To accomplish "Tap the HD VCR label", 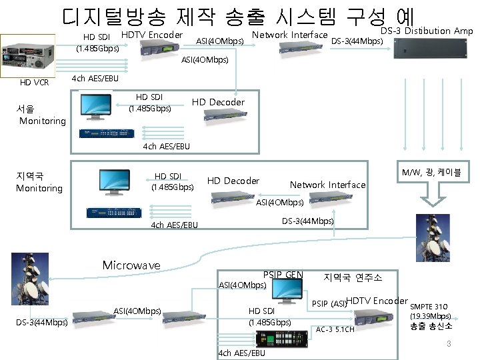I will click(x=34, y=83).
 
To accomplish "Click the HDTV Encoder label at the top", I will click(x=152, y=35).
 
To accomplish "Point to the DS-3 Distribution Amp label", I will click(x=426, y=31).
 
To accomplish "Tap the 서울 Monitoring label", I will click(x=42, y=115).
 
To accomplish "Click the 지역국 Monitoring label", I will click(x=39, y=182).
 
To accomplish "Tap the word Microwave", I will click(x=131, y=265).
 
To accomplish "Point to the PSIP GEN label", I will click(x=283, y=275).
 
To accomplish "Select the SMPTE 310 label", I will click(x=429, y=307).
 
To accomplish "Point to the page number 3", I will click(x=449, y=343).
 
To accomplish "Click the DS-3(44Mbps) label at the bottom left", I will click(x=41, y=323).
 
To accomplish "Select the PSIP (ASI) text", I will click(x=329, y=304).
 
